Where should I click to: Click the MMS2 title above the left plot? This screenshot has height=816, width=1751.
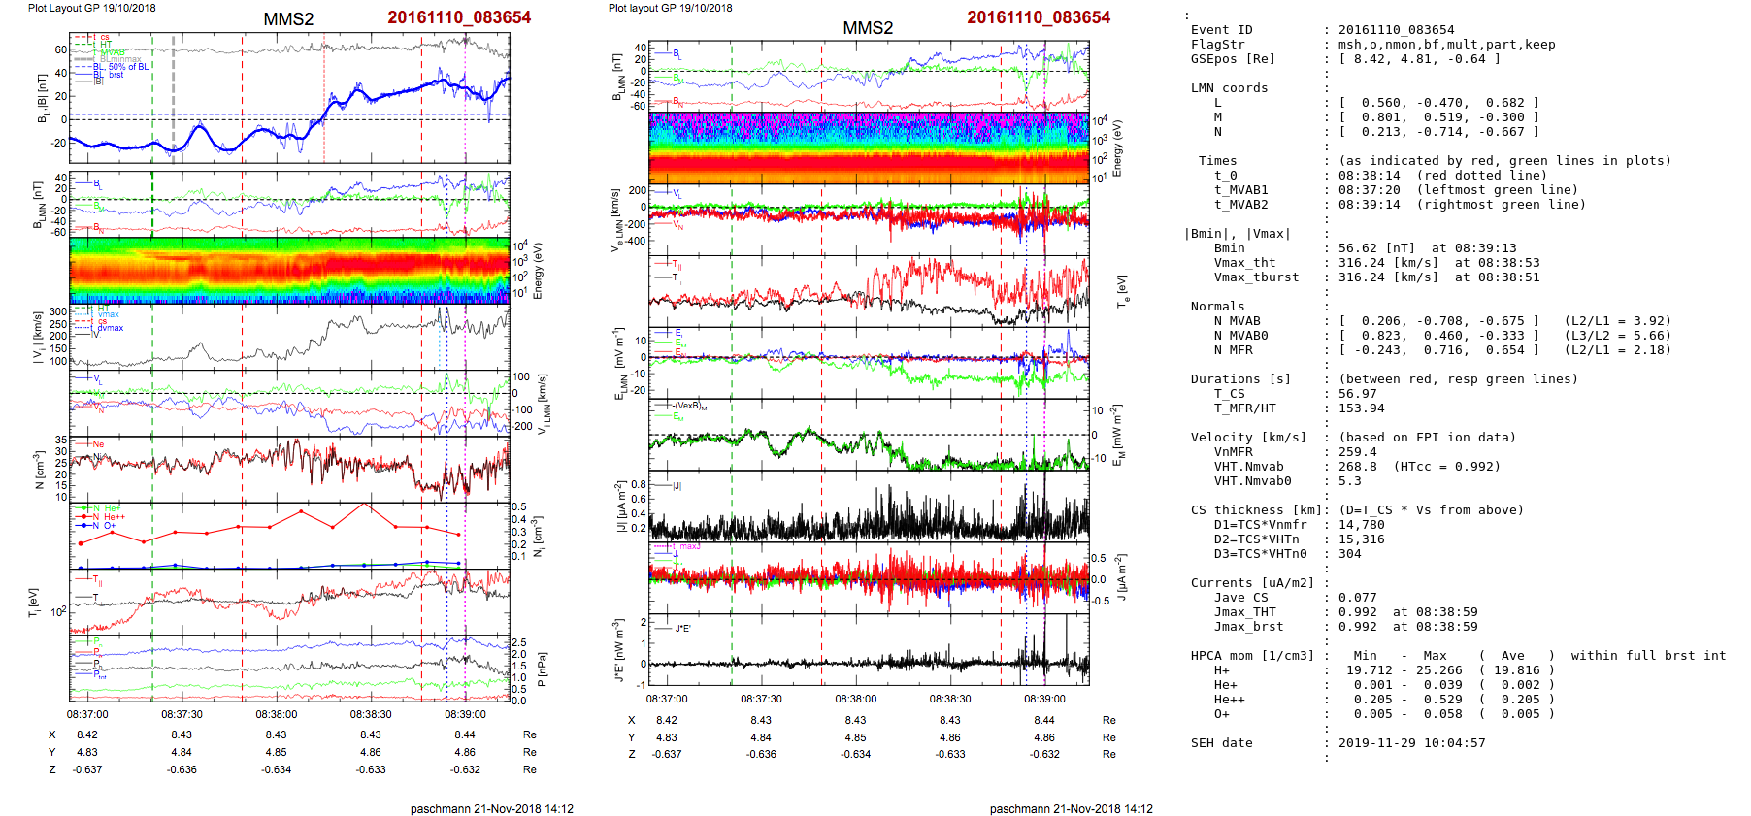288,19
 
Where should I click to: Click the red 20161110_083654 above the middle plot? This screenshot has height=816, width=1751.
1038,17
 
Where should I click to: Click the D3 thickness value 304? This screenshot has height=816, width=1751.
1349,554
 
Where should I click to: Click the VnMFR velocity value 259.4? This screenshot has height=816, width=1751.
1358,452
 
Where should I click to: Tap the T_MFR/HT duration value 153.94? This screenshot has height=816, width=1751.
1362,408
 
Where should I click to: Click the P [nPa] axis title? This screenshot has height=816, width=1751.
541,669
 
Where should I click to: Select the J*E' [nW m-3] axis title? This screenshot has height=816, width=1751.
619,650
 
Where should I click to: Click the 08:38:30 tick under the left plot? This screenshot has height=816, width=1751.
371,714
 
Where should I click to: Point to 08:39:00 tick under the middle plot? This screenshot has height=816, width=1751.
1044,699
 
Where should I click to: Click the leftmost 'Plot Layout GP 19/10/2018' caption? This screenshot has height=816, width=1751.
91,8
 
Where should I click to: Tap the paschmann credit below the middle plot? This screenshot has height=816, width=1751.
1071,809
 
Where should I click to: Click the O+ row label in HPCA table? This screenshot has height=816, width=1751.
1221,714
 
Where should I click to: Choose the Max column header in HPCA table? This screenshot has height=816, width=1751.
1435,656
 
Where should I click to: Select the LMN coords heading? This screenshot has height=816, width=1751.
1229,88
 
